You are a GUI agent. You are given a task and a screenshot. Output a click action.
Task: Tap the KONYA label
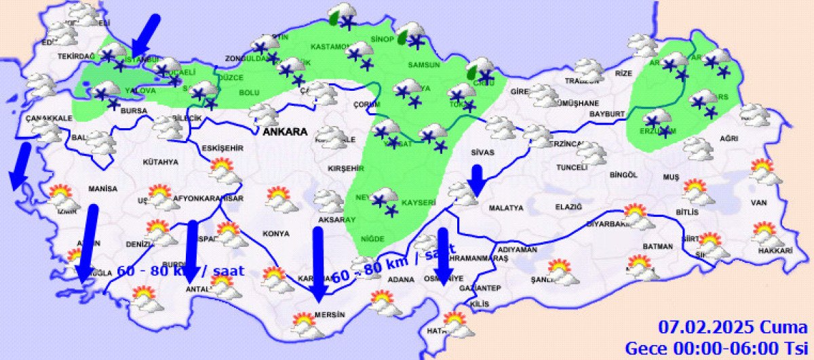click(276, 234)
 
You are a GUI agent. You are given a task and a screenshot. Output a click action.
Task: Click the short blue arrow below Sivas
click(477, 179)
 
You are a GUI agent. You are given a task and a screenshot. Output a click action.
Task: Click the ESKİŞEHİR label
click(222, 148)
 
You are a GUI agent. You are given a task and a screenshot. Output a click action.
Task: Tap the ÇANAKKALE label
click(48, 118)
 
